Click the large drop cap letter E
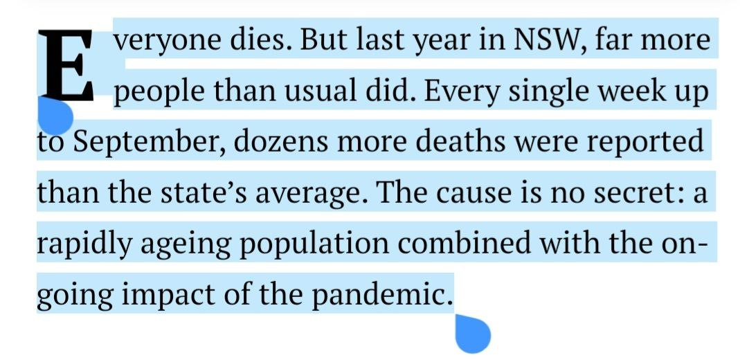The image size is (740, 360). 66,66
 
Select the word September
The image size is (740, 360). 148,143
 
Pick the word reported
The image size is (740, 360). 644,143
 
